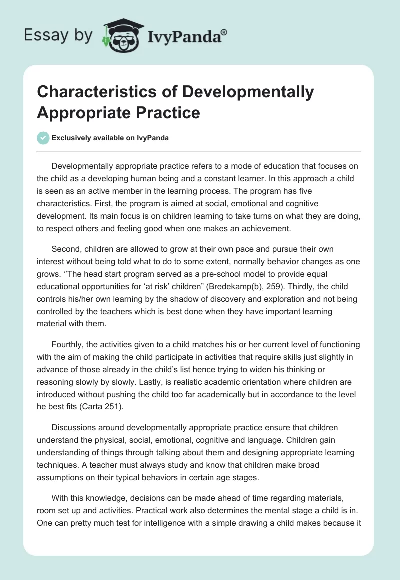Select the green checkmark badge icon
point(43,138)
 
